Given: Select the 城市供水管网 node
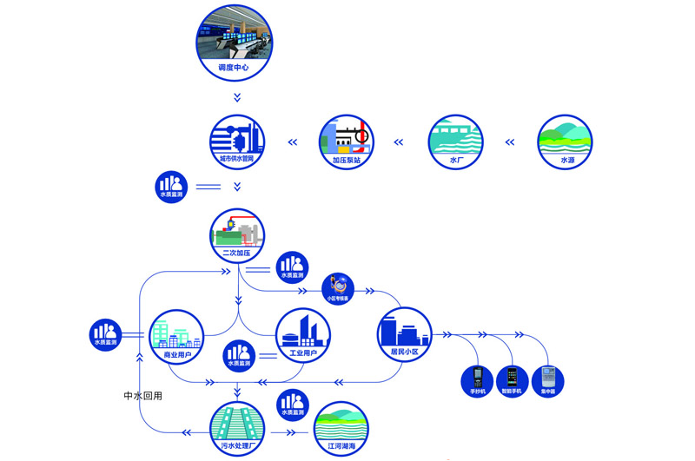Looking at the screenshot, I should pos(237,141).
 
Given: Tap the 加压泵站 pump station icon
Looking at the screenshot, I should pos(347,141).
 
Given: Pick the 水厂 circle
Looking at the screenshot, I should pos(455,141).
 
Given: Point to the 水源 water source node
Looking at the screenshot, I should pos(565,141).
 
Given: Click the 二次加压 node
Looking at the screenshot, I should pos(237,235).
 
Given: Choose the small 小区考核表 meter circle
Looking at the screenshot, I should pos(337,287).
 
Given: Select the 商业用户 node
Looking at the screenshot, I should pos(177,336).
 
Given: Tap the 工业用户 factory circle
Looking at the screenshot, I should pos(302,336).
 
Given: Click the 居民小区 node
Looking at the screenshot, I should pos(404,335).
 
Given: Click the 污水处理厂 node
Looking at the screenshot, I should pos(237,429).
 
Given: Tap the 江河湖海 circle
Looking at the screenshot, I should pos(341,429).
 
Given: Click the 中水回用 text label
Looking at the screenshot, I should pos(143,396).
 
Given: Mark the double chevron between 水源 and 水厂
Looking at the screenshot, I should pos(510,141).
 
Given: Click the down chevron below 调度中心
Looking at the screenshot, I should pos(237,97).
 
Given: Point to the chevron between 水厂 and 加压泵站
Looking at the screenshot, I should pos(400,141).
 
